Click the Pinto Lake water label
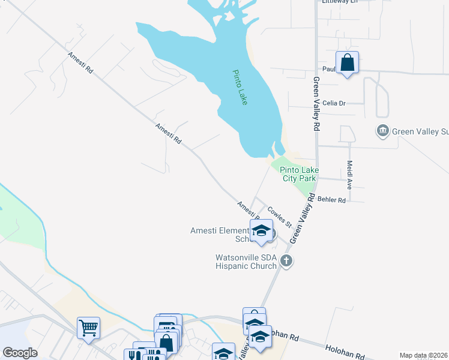240,88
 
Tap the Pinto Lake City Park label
298,174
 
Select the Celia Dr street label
334,103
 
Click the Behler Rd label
333,200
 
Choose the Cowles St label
279,217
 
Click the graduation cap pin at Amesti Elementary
261,232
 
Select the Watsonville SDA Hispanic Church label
246,262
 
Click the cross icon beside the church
286,260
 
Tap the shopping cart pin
88,328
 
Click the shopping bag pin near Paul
348,62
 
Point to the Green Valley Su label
420,131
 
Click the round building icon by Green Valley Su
382,131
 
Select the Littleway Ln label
339,2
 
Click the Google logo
20,352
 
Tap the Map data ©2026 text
423,355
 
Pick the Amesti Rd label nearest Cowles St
248,211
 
